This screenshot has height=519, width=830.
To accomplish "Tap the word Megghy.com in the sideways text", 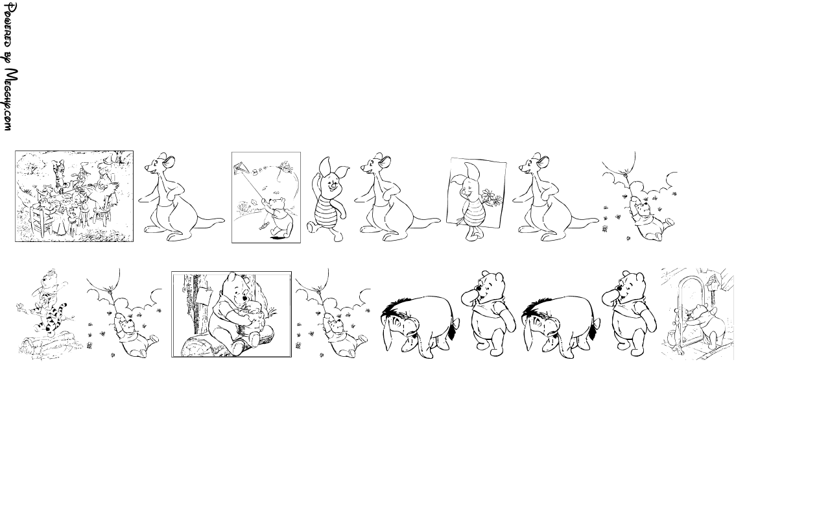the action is [x=10, y=99].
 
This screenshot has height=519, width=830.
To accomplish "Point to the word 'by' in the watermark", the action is [x=9, y=58].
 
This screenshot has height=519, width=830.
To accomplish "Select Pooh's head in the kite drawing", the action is [x=277, y=204].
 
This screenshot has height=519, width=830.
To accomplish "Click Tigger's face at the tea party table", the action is [x=58, y=165].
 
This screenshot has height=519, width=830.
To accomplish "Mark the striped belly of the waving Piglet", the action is [x=327, y=214].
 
